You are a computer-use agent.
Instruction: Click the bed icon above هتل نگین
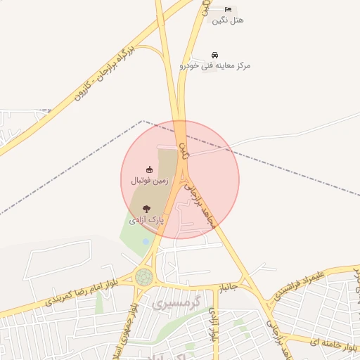pyautogui.click(x=227, y=8)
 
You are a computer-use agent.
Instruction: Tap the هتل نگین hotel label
pyautogui.click(x=227, y=20)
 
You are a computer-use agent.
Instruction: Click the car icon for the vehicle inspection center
pyautogui.click(x=214, y=55)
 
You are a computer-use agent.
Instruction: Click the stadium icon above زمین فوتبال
pyautogui.click(x=148, y=169)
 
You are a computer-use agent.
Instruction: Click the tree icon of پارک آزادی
pyautogui.click(x=146, y=208)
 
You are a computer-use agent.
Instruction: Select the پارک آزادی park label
pyautogui.click(x=146, y=219)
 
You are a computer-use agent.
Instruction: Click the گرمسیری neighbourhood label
pyautogui.click(x=176, y=304)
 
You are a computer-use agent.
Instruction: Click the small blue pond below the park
pyautogui.click(x=146, y=241)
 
